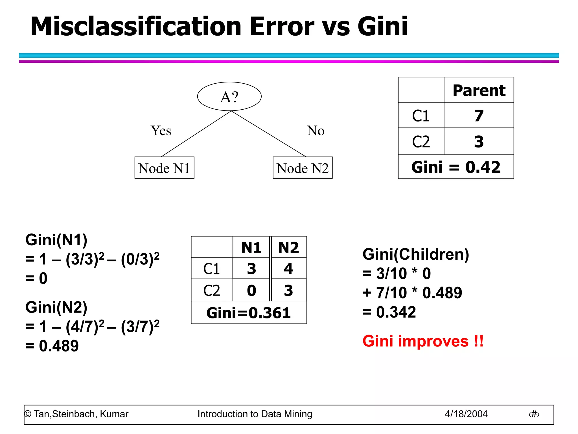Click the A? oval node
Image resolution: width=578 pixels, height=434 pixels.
229,97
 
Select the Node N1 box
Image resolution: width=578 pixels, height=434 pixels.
164,168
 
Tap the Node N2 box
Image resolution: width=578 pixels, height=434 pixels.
303,168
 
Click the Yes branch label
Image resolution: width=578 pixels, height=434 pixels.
161,131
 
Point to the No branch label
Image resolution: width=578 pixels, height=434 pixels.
316,131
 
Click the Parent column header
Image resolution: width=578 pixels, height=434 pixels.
479,90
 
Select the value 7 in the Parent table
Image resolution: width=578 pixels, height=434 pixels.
479,116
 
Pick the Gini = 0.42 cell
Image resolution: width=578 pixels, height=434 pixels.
456,167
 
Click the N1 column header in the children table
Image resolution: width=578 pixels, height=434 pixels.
251,248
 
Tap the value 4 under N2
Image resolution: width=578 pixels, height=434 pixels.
288,268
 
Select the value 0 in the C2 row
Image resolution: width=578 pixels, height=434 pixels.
251,290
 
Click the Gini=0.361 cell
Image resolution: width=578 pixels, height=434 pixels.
249,313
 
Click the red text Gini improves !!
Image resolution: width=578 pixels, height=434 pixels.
423,341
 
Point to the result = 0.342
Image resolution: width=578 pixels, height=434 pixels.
389,312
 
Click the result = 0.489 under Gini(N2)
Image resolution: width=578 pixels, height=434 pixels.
52,346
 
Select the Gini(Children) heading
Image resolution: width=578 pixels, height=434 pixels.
415,254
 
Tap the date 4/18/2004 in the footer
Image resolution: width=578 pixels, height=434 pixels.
466,414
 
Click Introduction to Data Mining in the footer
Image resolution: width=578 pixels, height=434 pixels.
255,414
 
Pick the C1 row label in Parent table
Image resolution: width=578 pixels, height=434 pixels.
421,116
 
